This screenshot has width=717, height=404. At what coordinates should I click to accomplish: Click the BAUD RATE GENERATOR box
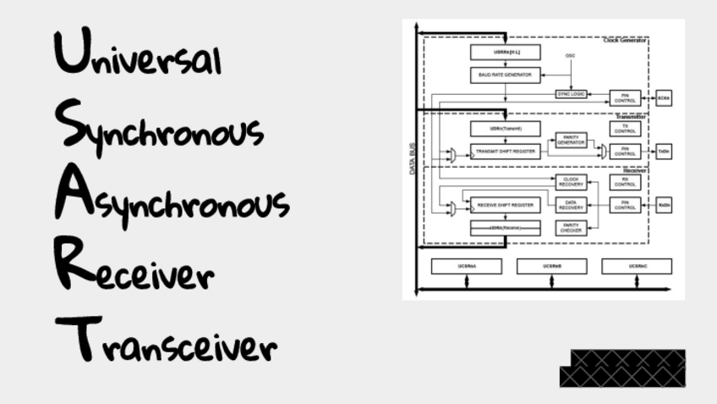[505, 75]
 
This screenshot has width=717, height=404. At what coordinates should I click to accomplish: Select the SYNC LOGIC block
[572, 94]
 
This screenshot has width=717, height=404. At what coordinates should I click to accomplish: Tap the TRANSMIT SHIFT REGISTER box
[505, 152]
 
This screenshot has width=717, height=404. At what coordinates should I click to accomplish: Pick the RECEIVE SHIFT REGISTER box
[505, 205]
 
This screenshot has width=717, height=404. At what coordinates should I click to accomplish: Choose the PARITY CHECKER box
[571, 227]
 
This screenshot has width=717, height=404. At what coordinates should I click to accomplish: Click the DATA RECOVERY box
[571, 205]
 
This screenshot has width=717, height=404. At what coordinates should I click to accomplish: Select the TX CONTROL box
[625, 129]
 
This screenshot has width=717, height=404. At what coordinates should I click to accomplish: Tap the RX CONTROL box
[625, 181]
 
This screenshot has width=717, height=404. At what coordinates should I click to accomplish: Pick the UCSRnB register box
[551, 266]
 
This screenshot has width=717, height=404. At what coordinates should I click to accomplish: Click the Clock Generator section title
[625, 41]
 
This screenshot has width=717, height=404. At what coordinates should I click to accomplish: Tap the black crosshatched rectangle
[622, 368]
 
